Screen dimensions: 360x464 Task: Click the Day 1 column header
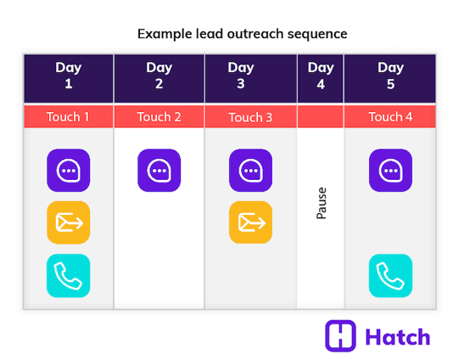pyautogui.click(x=69, y=76)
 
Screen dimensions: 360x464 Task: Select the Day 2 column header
pyautogui.click(x=159, y=76)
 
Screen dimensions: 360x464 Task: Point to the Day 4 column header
pyautogui.click(x=321, y=76)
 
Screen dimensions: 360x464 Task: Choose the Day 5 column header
pyautogui.click(x=390, y=76)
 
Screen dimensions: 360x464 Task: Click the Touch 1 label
pyautogui.click(x=69, y=117)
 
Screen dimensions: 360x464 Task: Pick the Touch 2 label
pyautogui.click(x=159, y=117)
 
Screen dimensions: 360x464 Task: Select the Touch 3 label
pyautogui.click(x=250, y=117)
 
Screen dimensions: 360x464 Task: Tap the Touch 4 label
pyautogui.click(x=390, y=117)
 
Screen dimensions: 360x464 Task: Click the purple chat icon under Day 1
pyautogui.click(x=69, y=171)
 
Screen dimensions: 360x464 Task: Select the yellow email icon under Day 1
pyautogui.click(x=69, y=222)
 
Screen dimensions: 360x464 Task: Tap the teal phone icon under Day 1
pyautogui.click(x=69, y=275)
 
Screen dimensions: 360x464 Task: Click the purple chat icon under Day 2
pyautogui.click(x=159, y=171)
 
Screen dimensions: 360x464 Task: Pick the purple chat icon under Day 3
pyautogui.click(x=250, y=171)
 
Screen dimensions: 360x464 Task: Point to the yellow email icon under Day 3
pyautogui.click(x=250, y=222)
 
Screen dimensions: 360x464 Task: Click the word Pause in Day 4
pyautogui.click(x=321, y=204)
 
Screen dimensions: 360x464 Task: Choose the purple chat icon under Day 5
pyautogui.click(x=390, y=171)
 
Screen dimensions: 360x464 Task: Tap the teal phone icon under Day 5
pyautogui.click(x=390, y=275)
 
